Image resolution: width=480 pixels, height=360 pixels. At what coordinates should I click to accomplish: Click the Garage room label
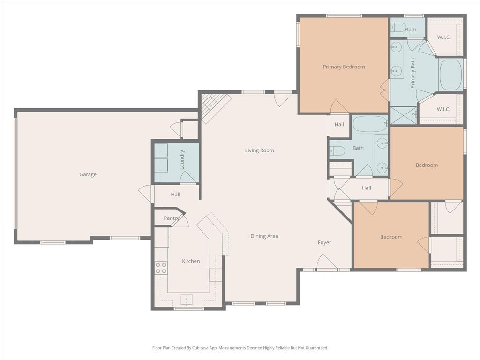pos(88,174)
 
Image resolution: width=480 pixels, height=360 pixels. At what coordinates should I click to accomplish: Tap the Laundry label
pos(182,159)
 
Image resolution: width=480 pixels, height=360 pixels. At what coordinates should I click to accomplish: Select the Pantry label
pos(171,218)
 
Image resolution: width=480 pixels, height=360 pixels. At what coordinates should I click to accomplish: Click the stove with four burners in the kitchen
pos(161,268)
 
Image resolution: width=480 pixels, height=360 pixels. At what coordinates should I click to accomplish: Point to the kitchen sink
pos(187,300)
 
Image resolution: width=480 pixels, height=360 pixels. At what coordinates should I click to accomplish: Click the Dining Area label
pos(264,236)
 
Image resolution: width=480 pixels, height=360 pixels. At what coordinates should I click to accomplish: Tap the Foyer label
pos(324,242)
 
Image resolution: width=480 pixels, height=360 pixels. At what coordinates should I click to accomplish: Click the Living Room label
pos(259,150)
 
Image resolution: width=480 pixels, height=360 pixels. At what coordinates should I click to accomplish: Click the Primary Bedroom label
pos(344,67)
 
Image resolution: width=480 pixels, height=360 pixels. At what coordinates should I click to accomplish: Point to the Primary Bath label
pos(413,73)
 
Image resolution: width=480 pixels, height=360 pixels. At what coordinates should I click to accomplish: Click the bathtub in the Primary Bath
pos(450,75)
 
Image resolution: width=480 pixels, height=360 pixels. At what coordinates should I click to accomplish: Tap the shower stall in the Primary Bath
pos(403,115)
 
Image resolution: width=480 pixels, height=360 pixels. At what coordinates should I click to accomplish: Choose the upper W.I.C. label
pos(443,37)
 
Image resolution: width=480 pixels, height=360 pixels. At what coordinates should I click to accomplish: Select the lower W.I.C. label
pos(443,109)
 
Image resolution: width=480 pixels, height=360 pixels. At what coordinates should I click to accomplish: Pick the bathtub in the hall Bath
pos(369,125)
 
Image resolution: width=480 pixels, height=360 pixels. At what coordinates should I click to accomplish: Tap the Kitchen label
pos(191,261)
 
